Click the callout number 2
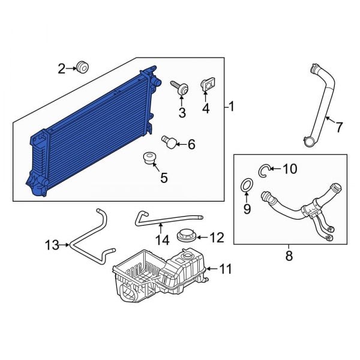[61, 68]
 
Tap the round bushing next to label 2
[83, 67]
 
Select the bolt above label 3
[179, 88]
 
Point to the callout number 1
[232, 107]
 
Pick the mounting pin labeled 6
[170, 142]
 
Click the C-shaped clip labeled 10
[265, 171]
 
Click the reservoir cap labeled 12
[187, 236]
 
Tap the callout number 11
[225, 270]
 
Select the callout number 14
[162, 241]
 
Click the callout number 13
[53, 245]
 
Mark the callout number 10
[289, 169]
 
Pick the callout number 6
[191, 144]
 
